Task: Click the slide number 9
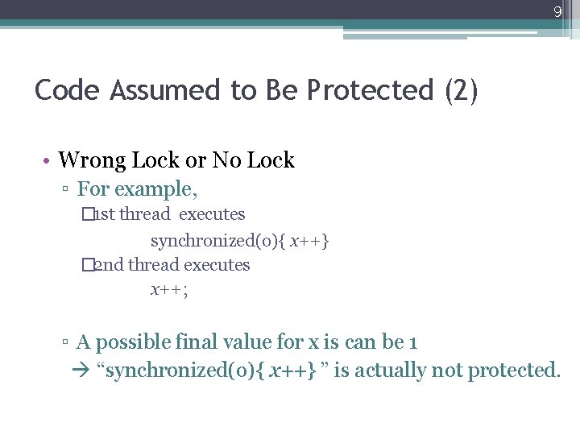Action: point(557,12)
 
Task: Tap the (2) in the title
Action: point(460,90)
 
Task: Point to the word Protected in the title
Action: point(370,90)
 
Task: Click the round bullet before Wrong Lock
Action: point(48,161)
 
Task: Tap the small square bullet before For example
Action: point(66,191)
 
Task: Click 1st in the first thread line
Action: point(104,214)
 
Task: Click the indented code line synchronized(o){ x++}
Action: point(240,240)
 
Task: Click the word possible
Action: point(141,342)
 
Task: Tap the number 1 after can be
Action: point(412,342)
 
